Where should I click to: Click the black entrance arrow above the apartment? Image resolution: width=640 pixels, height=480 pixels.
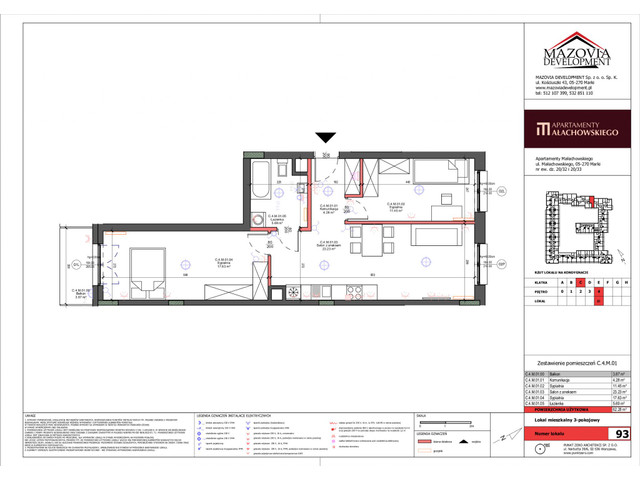pyautogui.click(x=322, y=139)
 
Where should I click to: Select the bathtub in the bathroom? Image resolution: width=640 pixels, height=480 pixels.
pyautogui.click(x=261, y=184)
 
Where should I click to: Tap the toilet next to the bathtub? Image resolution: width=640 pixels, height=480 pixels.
pyautogui.click(x=288, y=178)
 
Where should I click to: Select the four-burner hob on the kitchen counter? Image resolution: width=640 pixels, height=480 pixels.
pyautogui.click(x=357, y=291)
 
